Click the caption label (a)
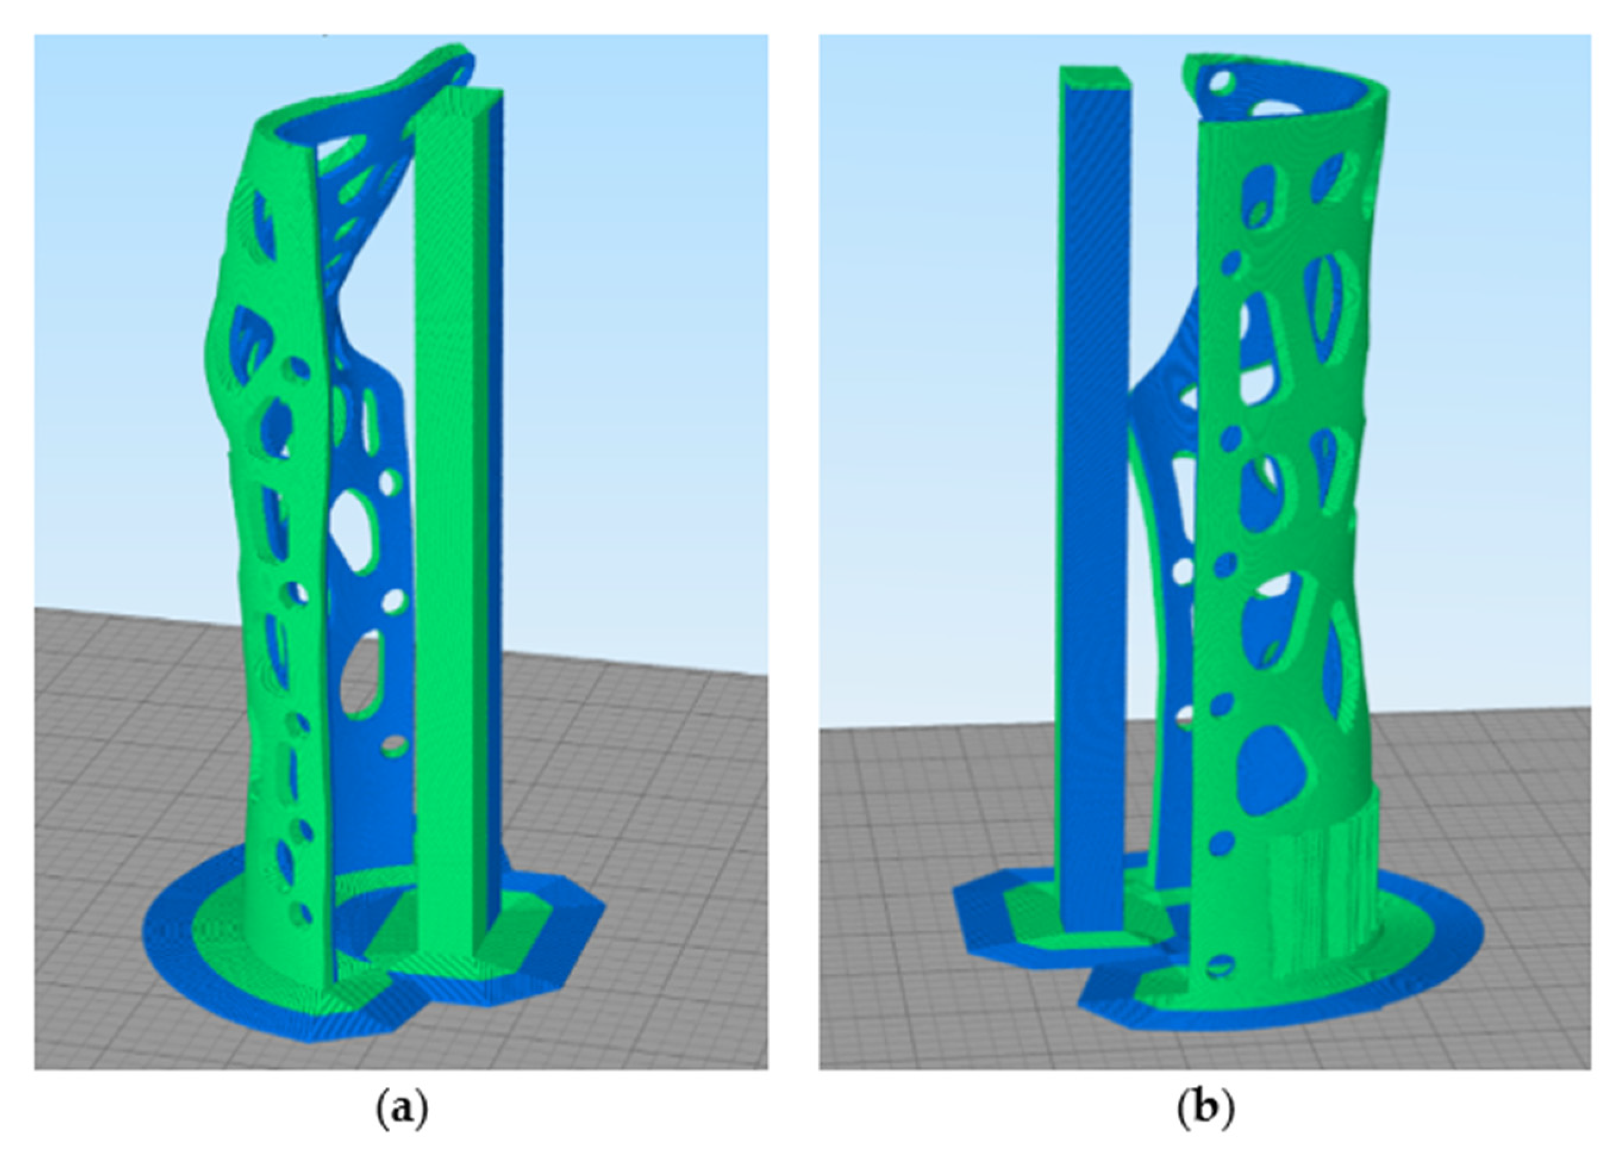[x=402, y=1110]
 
